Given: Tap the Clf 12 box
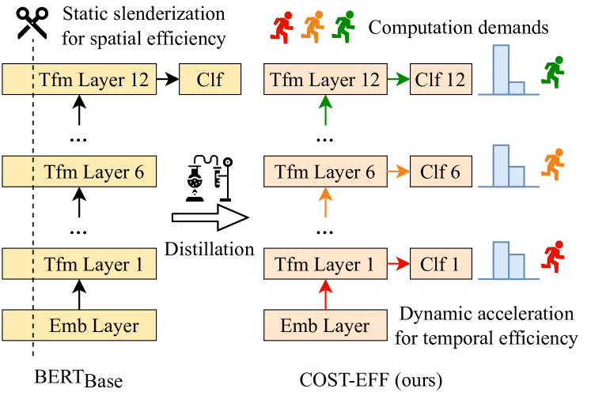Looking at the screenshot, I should pyautogui.click(x=441, y=79).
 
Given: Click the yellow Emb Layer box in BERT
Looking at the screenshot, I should pyautogui.click(x=78, y=325).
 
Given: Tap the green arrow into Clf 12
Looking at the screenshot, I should pyautogui.click(x=398, y=79).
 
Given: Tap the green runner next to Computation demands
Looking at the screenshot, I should pyautogui.click(x=343, y=27).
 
